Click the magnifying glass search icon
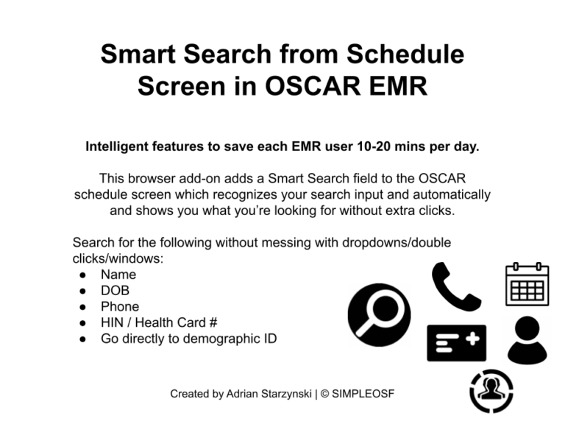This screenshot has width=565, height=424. point(379,315)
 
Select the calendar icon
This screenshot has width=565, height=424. point(527,284)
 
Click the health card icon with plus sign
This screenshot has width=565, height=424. point(457,343)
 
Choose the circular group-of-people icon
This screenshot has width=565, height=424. point(491,391)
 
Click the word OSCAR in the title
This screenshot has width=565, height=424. point(313,86)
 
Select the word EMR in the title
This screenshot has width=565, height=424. point(398,86)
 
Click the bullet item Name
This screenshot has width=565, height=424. point(118,275)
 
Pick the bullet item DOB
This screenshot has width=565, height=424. point(115,291)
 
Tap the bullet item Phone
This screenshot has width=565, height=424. point(120,306)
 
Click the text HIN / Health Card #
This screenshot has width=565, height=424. point(159,322)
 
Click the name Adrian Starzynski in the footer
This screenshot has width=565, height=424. point(269,394)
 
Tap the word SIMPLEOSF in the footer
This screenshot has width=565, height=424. point(363,394)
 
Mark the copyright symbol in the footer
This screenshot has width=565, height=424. point(324,394)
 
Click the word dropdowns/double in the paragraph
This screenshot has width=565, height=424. point(397,243)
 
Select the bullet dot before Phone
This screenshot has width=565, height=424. point(83,307)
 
